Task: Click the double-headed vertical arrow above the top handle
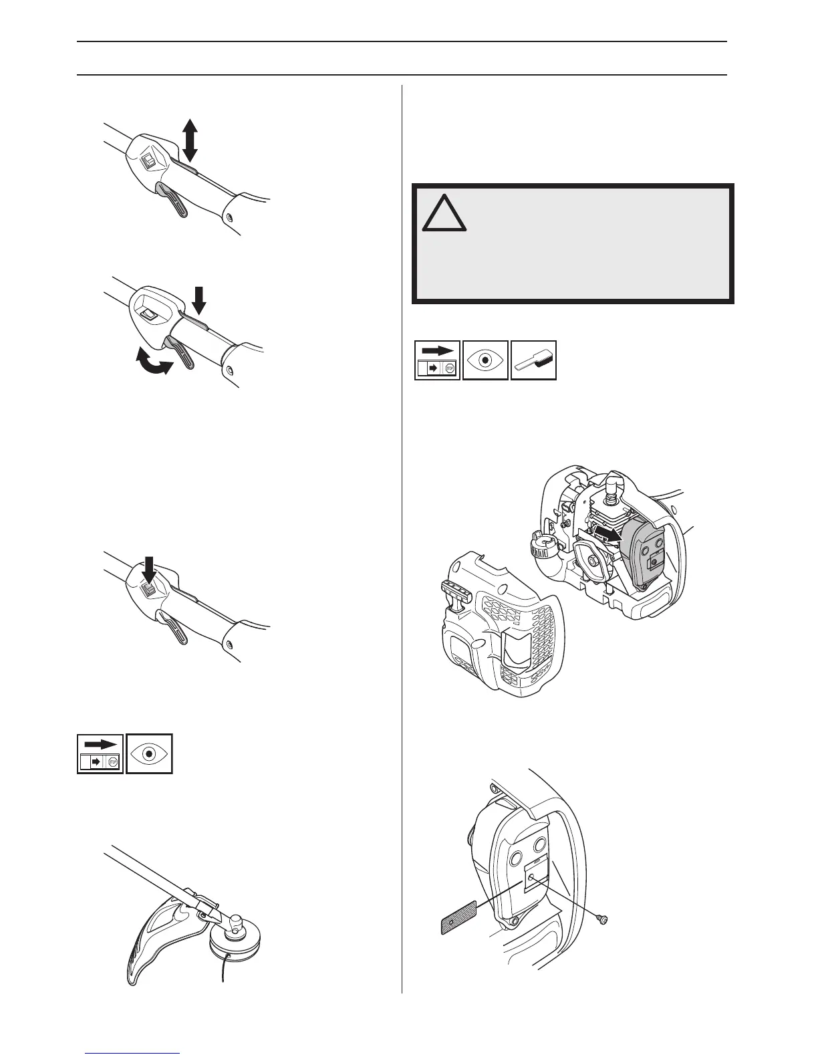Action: pos(190,140)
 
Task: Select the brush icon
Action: pos(533,360)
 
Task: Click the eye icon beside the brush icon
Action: pos(485,360)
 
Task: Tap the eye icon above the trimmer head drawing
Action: pos(149,753)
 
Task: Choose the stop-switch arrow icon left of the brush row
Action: pos(437,360)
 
